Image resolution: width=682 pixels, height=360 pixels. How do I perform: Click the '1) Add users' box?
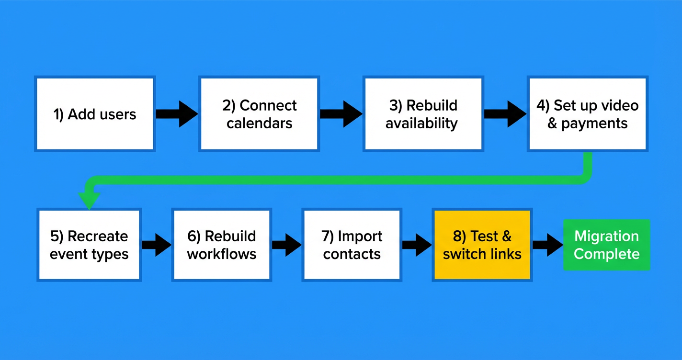(95, 114)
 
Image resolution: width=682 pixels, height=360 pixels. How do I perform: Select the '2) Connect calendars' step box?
(259, 114)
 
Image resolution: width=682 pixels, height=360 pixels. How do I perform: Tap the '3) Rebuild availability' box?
(422, 114)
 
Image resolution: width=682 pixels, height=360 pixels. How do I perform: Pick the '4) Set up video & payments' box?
(587, 114)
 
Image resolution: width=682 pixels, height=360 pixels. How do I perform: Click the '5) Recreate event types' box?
(89, 245)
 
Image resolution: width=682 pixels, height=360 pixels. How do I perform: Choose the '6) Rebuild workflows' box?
(222, 245)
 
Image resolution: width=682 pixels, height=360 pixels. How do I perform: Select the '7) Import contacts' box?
(352, 245)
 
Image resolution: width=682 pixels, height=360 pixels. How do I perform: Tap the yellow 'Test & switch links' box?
(482, 245)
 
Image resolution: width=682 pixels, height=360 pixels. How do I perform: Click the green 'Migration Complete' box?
(606, 245)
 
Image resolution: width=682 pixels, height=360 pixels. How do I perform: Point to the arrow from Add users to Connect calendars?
(177, 114)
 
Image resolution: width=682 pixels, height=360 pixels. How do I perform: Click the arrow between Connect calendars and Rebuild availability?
(341, 114)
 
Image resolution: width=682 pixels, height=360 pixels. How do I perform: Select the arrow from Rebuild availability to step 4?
(505, 114)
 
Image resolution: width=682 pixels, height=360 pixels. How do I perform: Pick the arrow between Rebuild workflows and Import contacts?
(287, 245)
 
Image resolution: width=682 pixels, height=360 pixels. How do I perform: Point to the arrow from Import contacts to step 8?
(417, 245)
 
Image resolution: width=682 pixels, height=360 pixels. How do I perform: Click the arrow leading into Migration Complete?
(547, 245)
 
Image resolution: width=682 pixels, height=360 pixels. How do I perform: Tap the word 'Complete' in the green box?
(606, 254)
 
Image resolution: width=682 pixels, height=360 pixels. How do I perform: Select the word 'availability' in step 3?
(422, 124)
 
